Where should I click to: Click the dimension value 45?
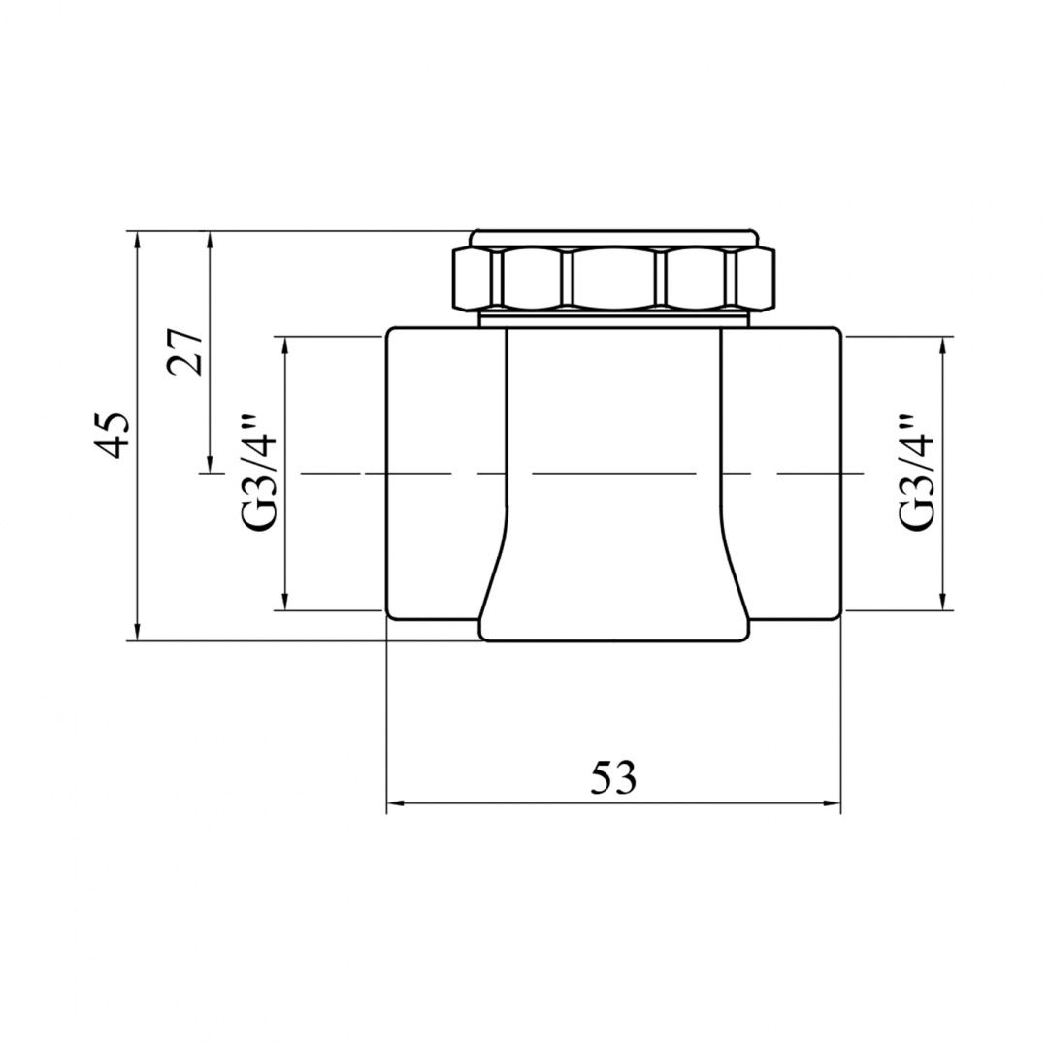pyautogui.click(x=115, y=435)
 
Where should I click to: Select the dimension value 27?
pyautogui.click(x=186, y=351)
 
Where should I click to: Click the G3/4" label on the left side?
pyautogui.click(x=260, y=474)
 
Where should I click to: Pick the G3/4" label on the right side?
pyautogui.click(x=917, y=474)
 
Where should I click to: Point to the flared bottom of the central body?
pyautogui.click(x=614, y=602)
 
